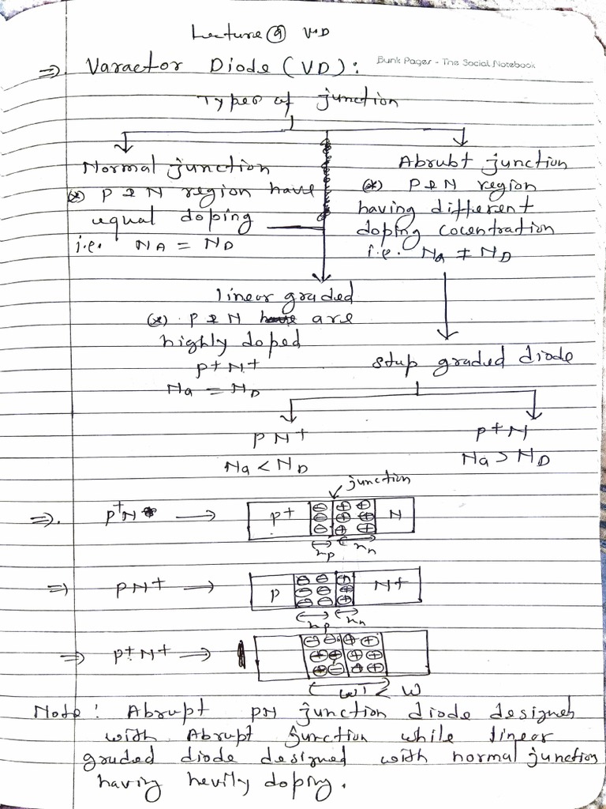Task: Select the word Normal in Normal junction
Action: [111, 168]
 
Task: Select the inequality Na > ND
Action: [506, 457]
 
